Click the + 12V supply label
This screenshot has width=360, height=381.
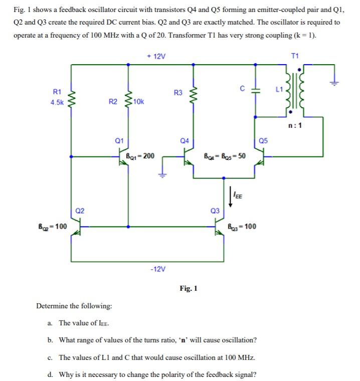156,56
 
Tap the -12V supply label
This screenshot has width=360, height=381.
157,269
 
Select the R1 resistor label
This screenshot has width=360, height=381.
57,91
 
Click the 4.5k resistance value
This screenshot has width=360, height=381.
57,102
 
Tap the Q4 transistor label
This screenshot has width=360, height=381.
184,141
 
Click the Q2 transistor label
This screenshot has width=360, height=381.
79,211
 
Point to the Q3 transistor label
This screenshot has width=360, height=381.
215,211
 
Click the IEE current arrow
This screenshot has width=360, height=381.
231,196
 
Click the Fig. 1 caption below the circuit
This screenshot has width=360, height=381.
189,288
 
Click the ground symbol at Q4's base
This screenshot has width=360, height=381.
162,174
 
